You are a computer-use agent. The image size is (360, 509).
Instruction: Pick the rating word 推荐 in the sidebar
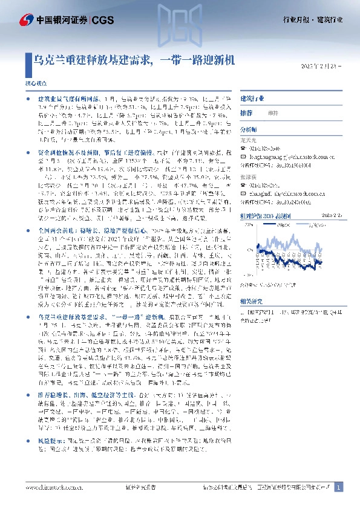[x=246, y=113]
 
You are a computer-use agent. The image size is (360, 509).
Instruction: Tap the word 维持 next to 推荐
[x=273, y=113]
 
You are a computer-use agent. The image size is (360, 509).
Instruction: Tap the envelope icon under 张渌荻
[x=243, y=186]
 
